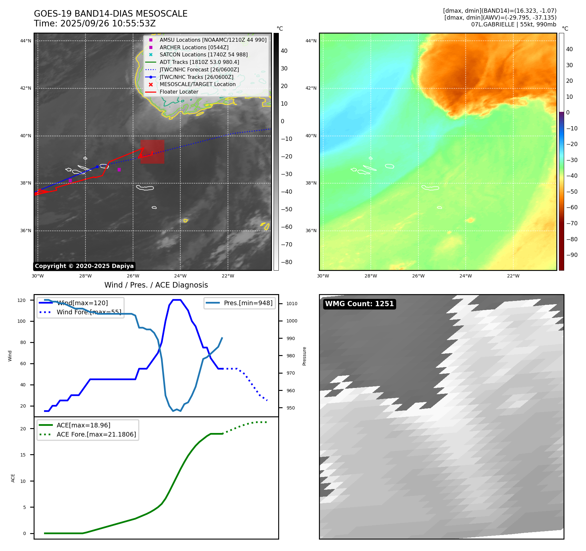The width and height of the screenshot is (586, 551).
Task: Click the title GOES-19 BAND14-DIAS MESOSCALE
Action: pos(111,14)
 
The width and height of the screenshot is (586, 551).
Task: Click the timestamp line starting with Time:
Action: pos(95,23)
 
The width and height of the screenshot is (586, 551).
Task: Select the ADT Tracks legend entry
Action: pos(199,62)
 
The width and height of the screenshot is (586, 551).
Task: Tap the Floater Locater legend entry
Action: pos(179,92)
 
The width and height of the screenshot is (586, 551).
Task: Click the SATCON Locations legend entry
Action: pos(203,54)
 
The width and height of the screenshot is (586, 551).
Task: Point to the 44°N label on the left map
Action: pos(26,41)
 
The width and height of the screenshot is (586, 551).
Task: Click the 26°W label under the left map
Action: pos(133,276)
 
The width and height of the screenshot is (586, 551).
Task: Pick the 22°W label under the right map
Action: pos(513,276)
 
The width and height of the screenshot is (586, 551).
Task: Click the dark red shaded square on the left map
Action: pos(152,152)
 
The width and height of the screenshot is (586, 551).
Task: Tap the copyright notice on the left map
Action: pos(84,266)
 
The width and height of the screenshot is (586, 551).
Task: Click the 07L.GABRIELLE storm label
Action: pos(514,24)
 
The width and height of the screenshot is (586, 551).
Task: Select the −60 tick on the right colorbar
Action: pos(572,207)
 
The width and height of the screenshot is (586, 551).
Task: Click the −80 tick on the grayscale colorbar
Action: pos(287,262)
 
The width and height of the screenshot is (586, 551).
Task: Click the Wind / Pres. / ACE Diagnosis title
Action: pos(156,285)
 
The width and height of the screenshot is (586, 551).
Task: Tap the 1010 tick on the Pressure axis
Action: pos(292,304)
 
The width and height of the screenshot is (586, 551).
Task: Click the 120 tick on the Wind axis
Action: pos(22,300)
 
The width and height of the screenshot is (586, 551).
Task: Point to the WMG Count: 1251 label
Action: pos(359,304)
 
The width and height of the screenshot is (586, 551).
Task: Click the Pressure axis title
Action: pos(304,356)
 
